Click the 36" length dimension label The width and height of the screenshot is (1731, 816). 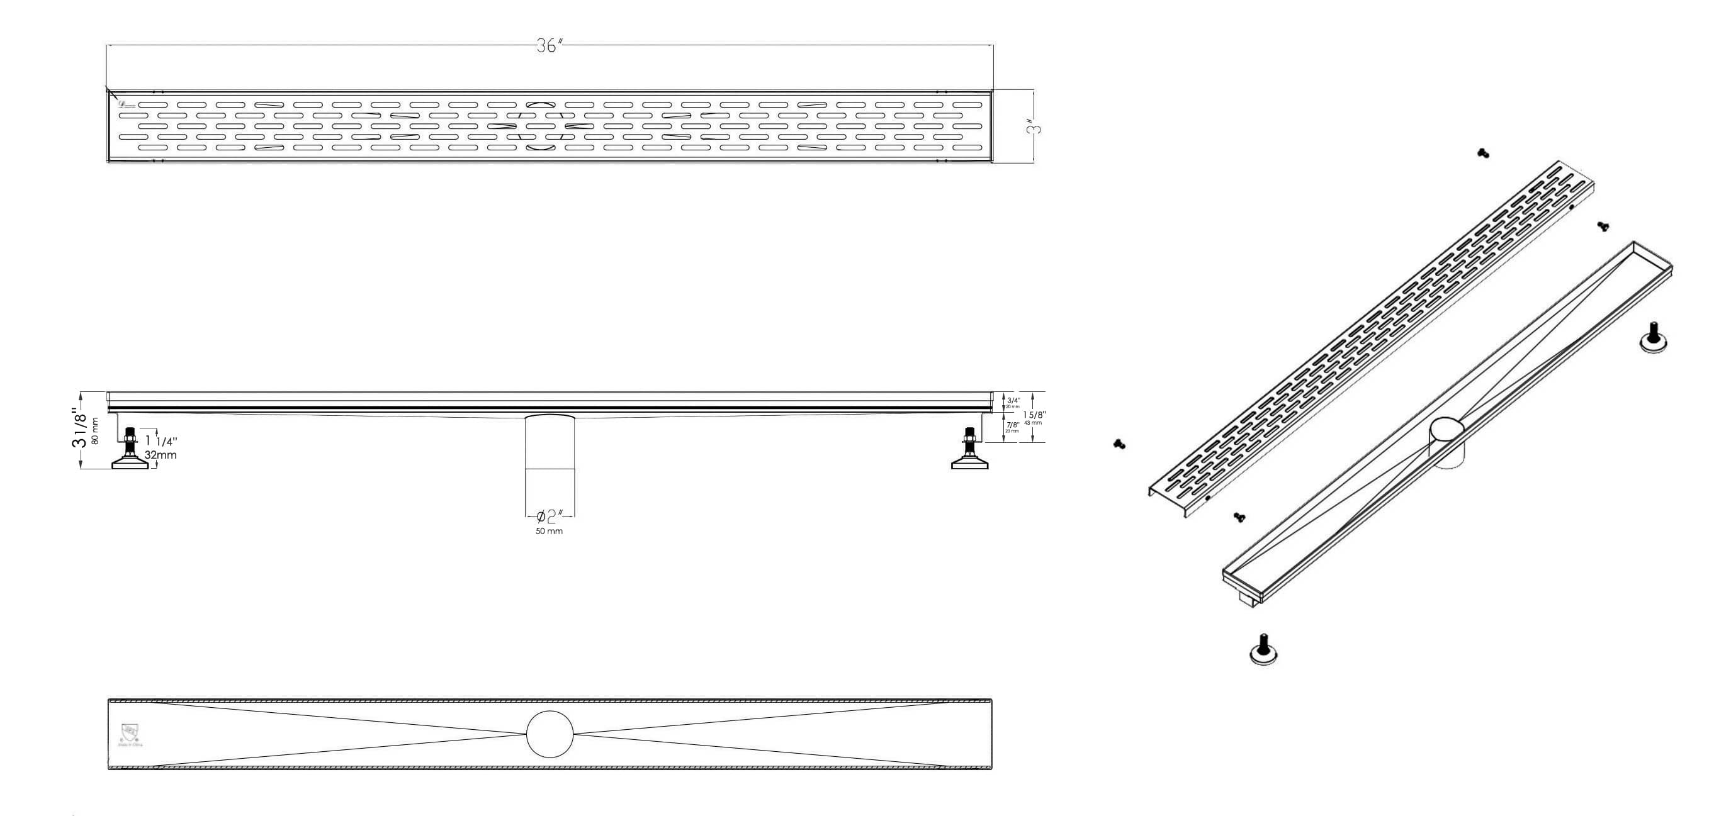pyautogui.click(x=549, y=46)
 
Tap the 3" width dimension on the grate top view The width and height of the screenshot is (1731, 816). pyautogui.click(x=1037, y=126)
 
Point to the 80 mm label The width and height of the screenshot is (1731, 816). pyautogui.click(x=96, y=430)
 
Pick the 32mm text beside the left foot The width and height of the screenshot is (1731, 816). pyautogui.click(x=161, y=455)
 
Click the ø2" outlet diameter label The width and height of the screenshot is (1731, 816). pyautogui.click(x=550, y=517)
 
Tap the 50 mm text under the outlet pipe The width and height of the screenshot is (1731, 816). pyautogui.click(x=549, y=531)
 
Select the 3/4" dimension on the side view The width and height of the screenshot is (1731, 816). pyautogui.click(x=1013, y=400)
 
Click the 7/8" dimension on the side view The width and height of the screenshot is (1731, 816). pyautogui.click(x=1013, y=425)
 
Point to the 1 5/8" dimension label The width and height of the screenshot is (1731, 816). pyautogui.click(x=1033, y=415)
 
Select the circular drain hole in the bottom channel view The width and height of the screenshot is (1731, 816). pyautogui.click(x=550, y=734)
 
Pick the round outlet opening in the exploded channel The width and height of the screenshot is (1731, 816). pyautogui.click(x=1446, y=428)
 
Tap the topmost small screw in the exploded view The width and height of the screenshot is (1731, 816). pyautogui.click(x=1483, y=154)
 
